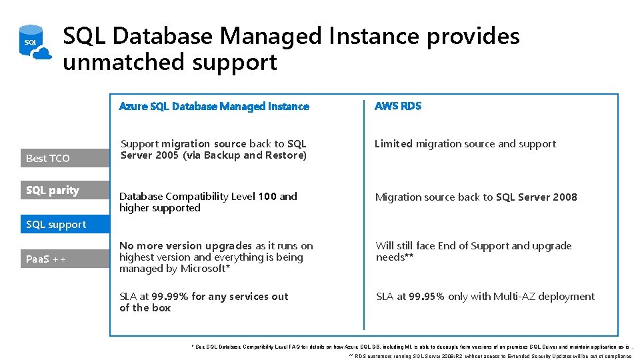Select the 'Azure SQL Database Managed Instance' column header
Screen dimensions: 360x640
tap(213, 106)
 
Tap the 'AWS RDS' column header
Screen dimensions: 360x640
tap(398, 106)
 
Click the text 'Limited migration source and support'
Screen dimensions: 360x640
tap(465, 144)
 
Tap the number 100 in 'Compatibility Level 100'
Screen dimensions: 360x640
tap(267, 197)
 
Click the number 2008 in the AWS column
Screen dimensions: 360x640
tap(563, 197)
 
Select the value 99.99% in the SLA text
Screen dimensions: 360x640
tap(170, 297)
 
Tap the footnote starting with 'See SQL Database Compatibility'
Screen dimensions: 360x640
tap(410, 347)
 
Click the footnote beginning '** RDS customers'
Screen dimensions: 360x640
tap(490, 356)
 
